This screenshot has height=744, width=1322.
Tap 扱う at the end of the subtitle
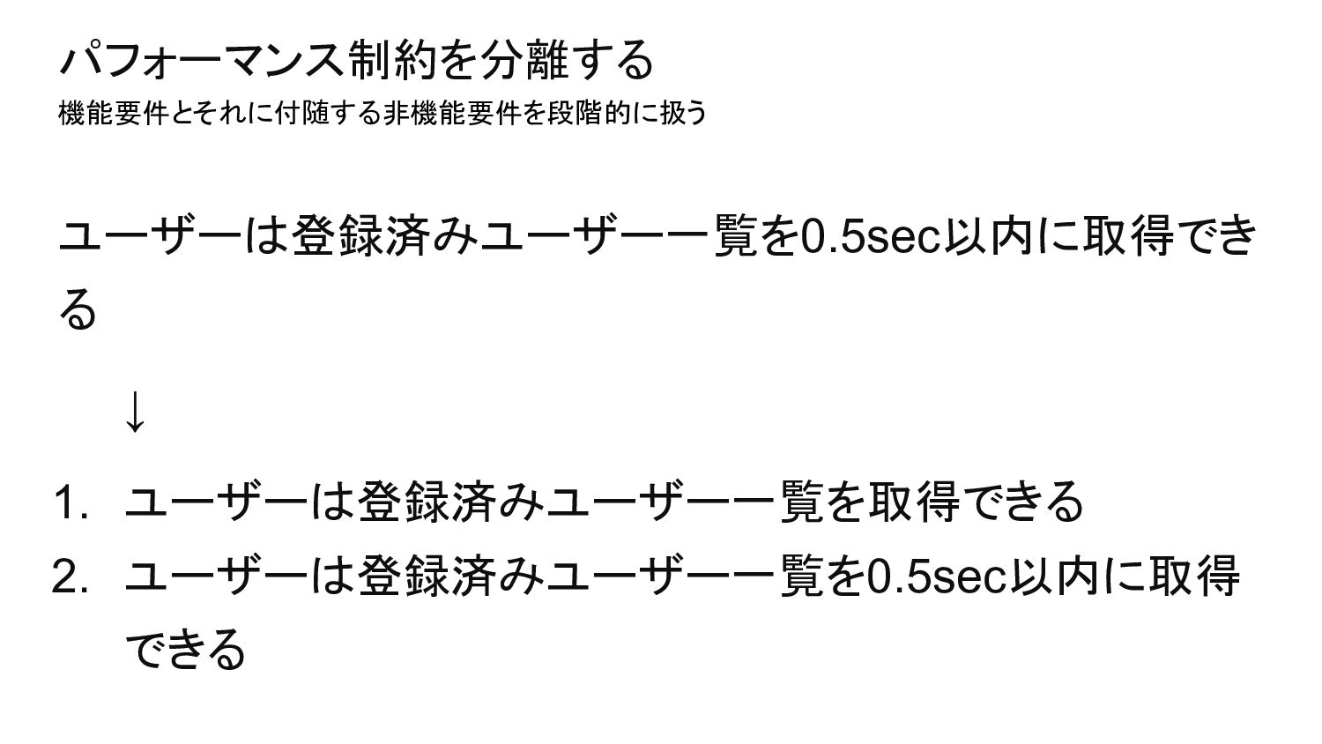(x=684, y=114)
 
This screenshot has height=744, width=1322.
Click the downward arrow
(x=134, y=411)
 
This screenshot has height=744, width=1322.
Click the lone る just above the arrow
(x=78, y=310)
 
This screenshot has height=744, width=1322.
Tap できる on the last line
(x=185, y=651)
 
